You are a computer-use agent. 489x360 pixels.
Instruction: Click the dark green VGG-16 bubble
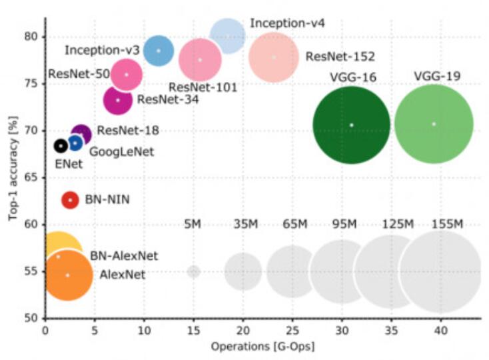351,125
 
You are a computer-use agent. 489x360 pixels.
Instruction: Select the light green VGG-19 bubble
434,124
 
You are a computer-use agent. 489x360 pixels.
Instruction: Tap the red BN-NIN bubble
70,200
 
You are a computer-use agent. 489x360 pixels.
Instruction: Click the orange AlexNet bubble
67,275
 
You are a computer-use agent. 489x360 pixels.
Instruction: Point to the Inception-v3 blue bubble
159,51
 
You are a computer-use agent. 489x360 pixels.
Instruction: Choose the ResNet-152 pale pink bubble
273,57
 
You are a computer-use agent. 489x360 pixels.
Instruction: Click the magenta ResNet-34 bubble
118,100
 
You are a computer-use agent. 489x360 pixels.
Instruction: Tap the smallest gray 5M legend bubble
193,271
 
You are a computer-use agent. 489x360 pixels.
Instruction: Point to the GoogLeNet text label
121,151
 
